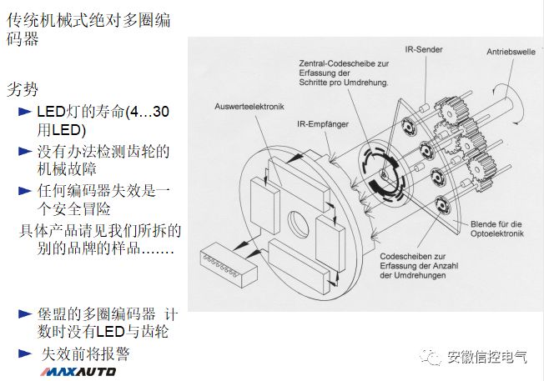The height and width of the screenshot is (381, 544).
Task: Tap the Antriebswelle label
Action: pyautogui.click(x=510, y=52)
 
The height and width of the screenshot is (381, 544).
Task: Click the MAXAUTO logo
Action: pyautogui.click(x=81, y=371)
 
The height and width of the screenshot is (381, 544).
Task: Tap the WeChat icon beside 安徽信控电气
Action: pyautogui.click(x=432, y=357)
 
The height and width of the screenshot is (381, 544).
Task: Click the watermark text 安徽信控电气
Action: pyautogui.click(x=488, y=357)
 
